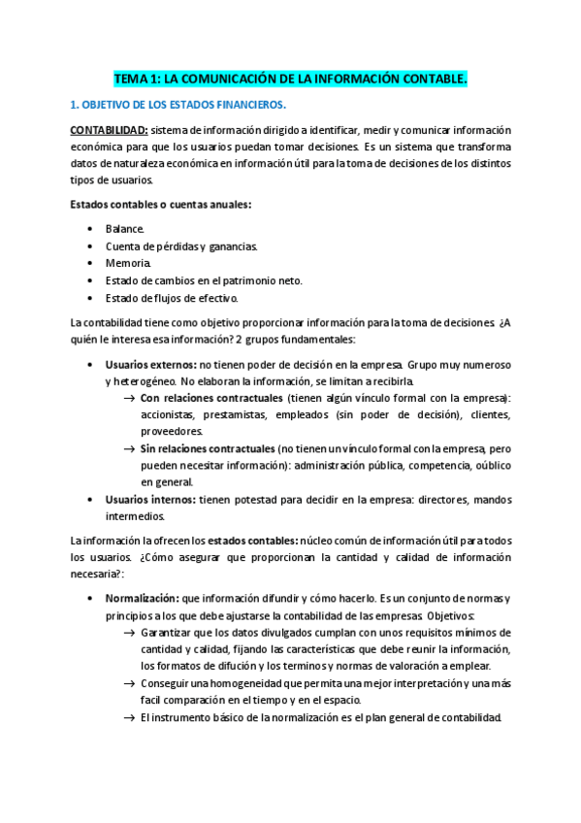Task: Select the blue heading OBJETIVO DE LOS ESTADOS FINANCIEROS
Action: pyautogui.click(x=178, y=105)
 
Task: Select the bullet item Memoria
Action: pyautogui.click(x=128, y=263)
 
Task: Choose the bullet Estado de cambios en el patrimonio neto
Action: pyautogui.click(x=204, y=280)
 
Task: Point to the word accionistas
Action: pyautogui.click(x=173, y=414)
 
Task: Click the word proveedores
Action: pyautogui.click(x=172, y=431)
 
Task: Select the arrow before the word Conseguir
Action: pyautogui.click(x=130, y=683)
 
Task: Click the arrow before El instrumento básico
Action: pyautogui.click(x=130, y=717)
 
